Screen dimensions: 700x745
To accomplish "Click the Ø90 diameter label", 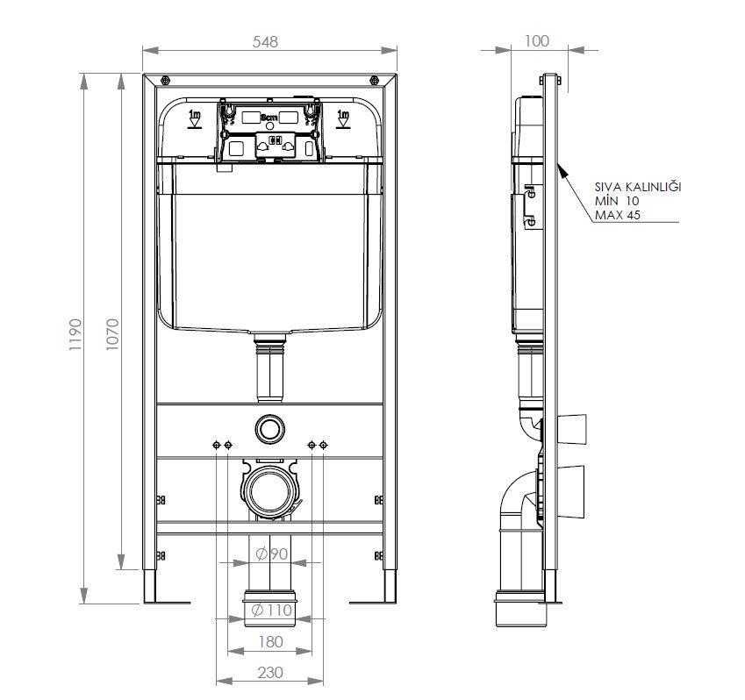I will (272, 554).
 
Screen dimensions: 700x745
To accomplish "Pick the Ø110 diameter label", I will (271, 611).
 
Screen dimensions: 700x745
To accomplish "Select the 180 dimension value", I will (271, 641).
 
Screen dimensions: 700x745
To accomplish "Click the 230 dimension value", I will (271, 672).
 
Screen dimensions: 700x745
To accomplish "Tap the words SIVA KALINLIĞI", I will (637, 187).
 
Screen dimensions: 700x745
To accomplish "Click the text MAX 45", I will (618, 216).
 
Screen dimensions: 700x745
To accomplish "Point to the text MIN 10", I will (618, 202).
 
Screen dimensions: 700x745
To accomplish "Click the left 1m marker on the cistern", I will (196, 117).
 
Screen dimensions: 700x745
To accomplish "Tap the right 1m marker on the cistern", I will (343, 117).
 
